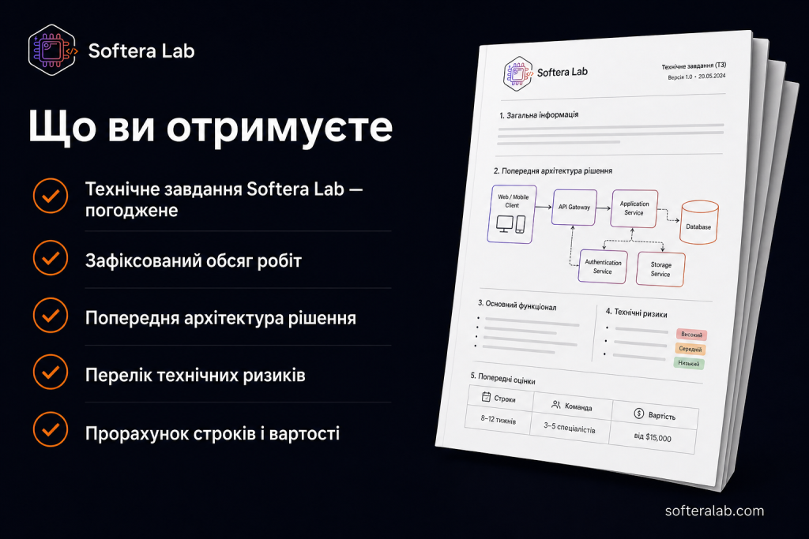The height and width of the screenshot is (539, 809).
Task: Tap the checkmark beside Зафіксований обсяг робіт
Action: pyautogui.click(x=51, y=258)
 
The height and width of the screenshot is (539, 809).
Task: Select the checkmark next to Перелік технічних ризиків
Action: pyautogui.click(x=51, y=372)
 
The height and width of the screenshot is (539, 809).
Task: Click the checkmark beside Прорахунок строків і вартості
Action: pyautogui.click(x=51, y=429)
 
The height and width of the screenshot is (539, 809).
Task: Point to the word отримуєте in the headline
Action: pyautogui.click(x=280, y=127)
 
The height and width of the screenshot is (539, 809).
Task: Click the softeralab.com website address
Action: pyautogui.click(x=714, y=511)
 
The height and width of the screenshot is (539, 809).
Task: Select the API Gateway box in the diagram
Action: pyautogui.click(x=574, y=207)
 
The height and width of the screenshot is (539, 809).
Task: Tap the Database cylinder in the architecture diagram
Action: pyautogui.click(x=699, y=222)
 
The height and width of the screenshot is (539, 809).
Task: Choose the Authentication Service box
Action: pyautogui.click(x=603, y=267)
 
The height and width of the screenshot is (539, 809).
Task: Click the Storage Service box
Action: pyautogui.click(x=660, y=269)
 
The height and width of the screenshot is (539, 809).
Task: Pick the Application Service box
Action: pyautogui.click(x=634, y=208)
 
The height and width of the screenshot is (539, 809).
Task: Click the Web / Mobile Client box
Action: pyautogui.click(x=512, y=214)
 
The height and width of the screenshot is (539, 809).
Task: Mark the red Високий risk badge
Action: pyautogui.click(x=691, y=335)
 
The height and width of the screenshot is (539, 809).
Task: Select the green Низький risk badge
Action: pyautogui.click(x=689, y=363)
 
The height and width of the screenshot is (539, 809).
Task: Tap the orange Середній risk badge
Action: pyautogui.click(x=690, y=349)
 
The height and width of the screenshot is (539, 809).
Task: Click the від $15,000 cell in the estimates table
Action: pyautogui.click(x=653, y=437)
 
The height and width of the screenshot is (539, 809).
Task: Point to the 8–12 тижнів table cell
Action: pyautogui.click(x=499, y=420)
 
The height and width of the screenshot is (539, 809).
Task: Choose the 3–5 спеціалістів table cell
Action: pyautogui.click(x=570, y=428)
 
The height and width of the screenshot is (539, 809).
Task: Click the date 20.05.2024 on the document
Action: pyautogui.click(x=712, y=76)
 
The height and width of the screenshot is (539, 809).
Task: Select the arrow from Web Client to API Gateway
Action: pyautogui.click(x=544, y=207)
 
